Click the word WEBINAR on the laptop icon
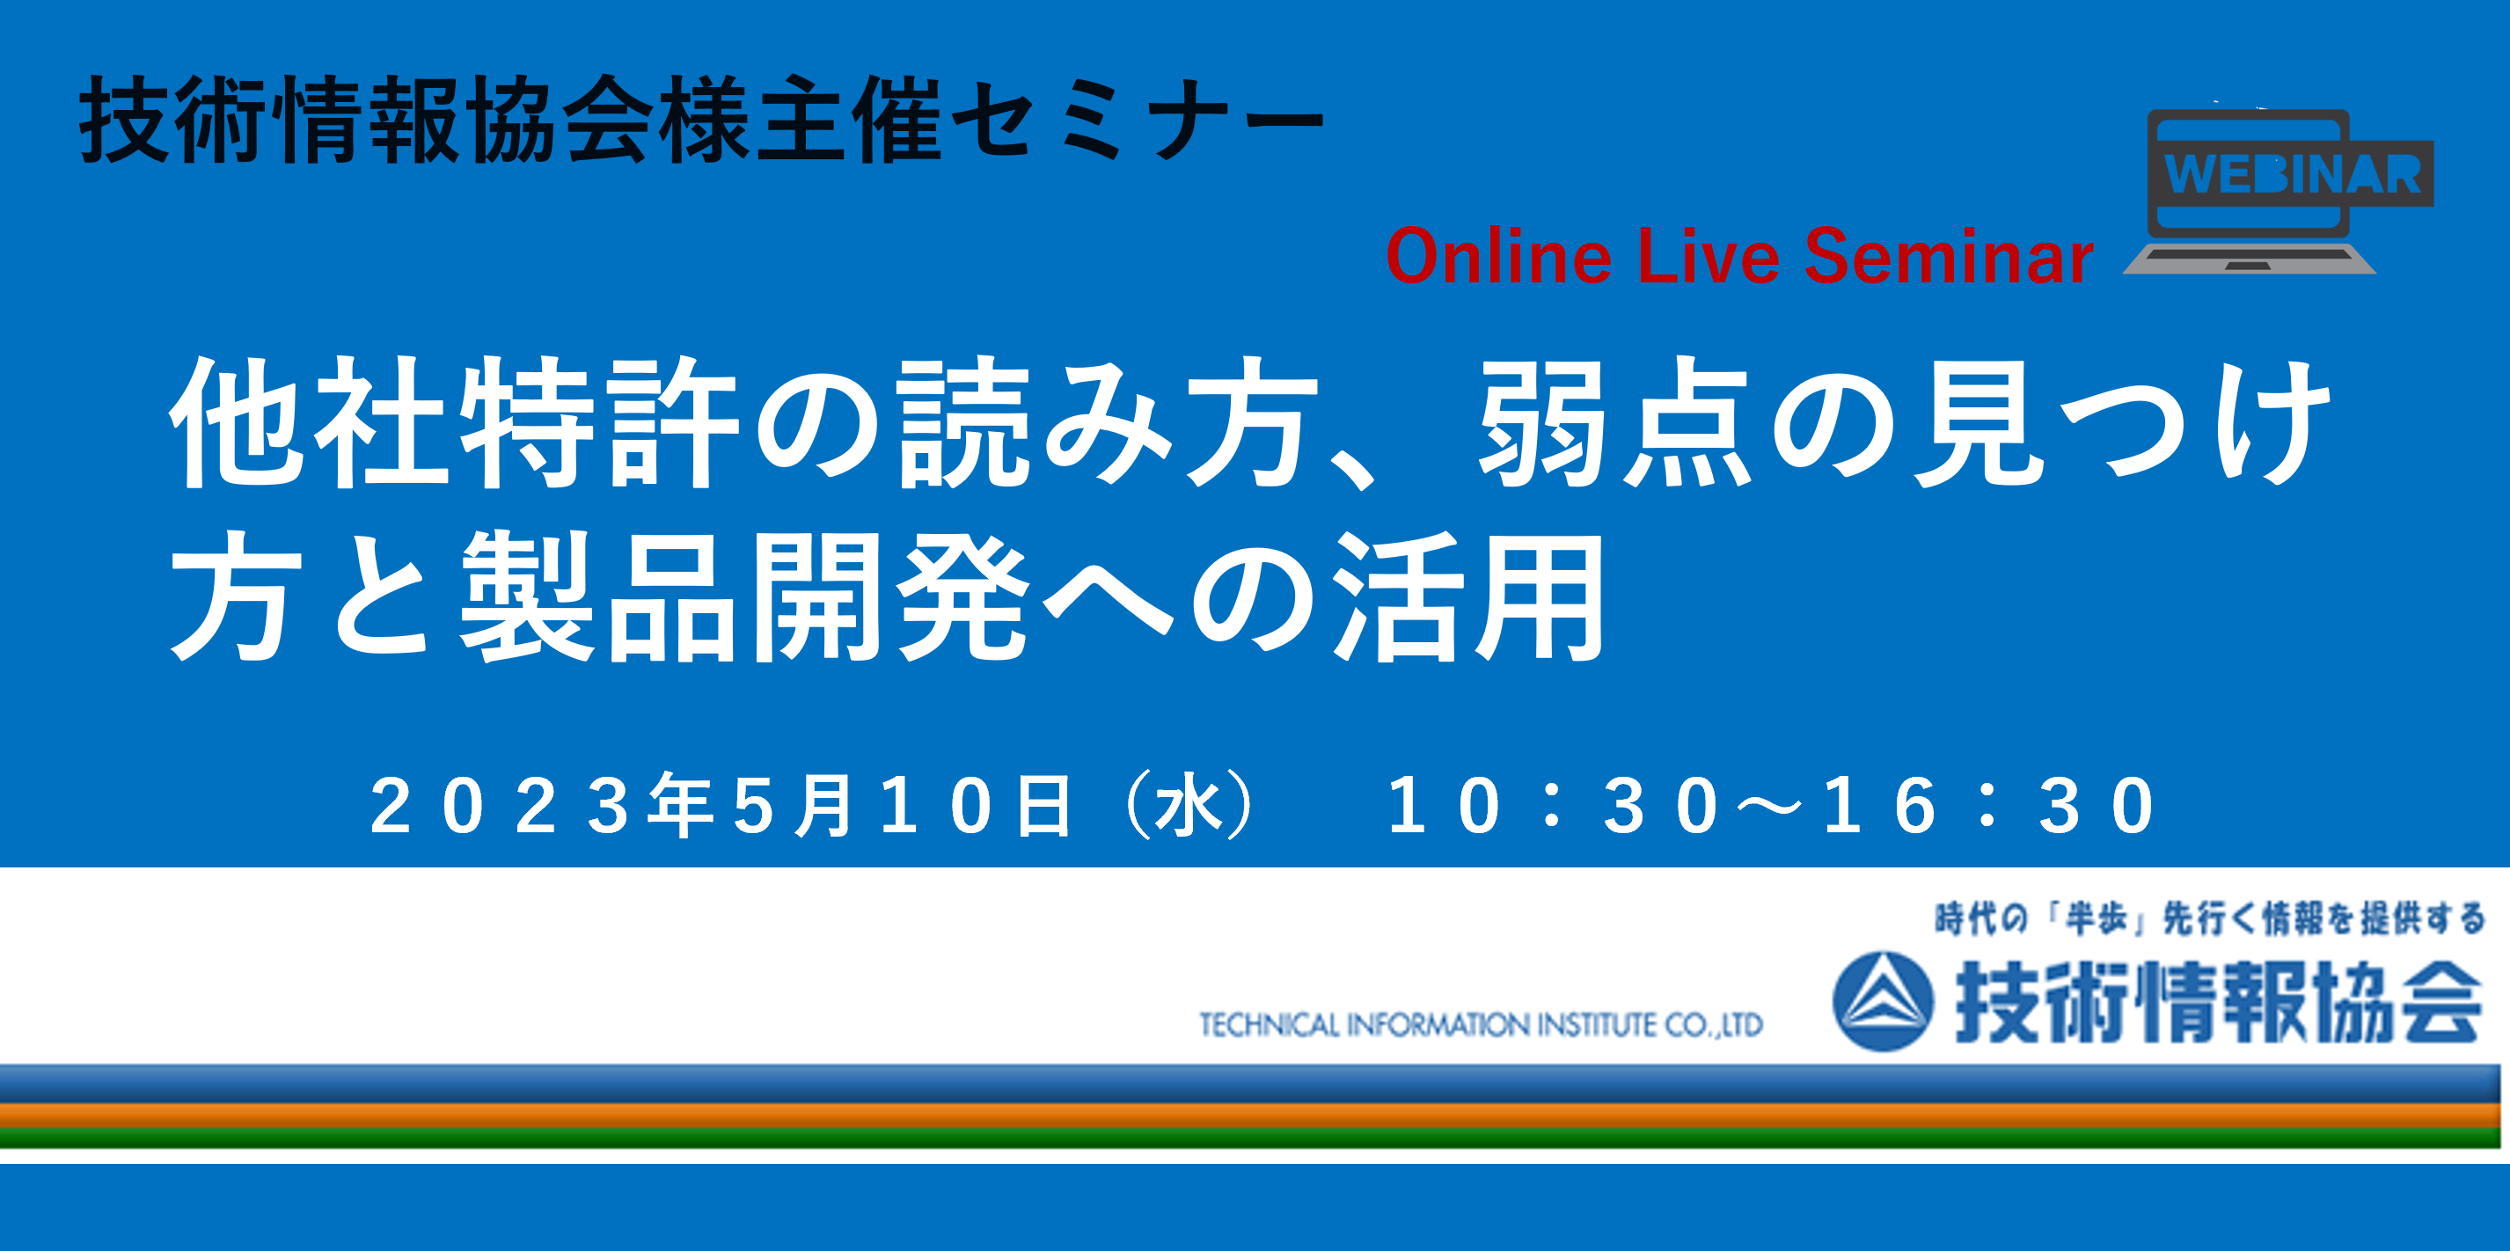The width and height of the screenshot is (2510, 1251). click(x=2293, y=174)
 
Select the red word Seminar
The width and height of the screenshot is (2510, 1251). click(x=1949, y=256)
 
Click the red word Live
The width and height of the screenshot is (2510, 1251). click(x=1709, y=256)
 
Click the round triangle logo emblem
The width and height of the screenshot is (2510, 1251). click(x=1883, y=1001)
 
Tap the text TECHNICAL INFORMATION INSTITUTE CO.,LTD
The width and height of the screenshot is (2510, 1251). click(x=1481, y=1025)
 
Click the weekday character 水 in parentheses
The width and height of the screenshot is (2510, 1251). click(x=1189, y=806)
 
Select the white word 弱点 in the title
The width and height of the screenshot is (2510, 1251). click(x=1615, y=422)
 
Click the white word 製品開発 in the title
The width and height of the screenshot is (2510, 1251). click(x=744, y=596)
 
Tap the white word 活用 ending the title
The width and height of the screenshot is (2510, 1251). click(x=1469, y=596)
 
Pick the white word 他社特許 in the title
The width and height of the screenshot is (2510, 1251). click(x=454, y=422)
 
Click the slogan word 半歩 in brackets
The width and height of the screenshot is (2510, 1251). click(x=2095, y=918)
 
